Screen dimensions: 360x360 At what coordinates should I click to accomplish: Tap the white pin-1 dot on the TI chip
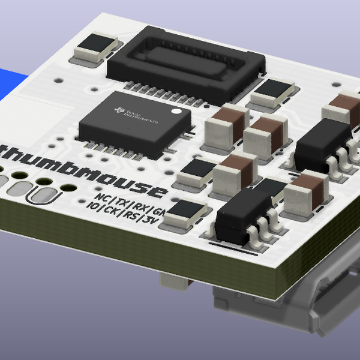tap(176, 112)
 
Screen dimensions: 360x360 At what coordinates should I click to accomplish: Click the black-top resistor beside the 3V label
tap(187, 213)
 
